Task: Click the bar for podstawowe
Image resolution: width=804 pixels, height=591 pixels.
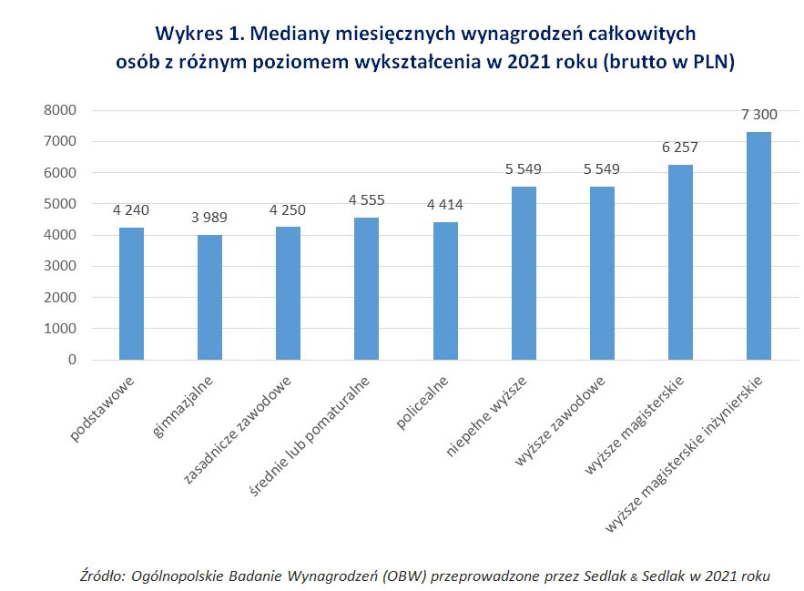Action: [x=131, y=293]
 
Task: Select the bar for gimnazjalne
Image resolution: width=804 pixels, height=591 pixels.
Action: [x=209, y=297]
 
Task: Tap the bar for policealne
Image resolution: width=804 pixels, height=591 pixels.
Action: [x=445, y=290]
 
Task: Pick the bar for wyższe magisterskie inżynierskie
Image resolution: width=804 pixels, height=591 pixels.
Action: [x=758, y=246]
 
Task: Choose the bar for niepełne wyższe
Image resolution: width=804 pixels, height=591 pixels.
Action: [x=524, y=273]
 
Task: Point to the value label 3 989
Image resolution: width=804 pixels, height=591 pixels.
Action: [x=209, y=218]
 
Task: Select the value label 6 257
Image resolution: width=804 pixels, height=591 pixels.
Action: [x=680, y=148]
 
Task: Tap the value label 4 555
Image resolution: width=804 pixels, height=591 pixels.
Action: [x=367, y=200]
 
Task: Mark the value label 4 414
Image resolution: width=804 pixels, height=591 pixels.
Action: [x=445, y=204]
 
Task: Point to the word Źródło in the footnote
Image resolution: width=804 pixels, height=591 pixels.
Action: [x=100, y=576]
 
